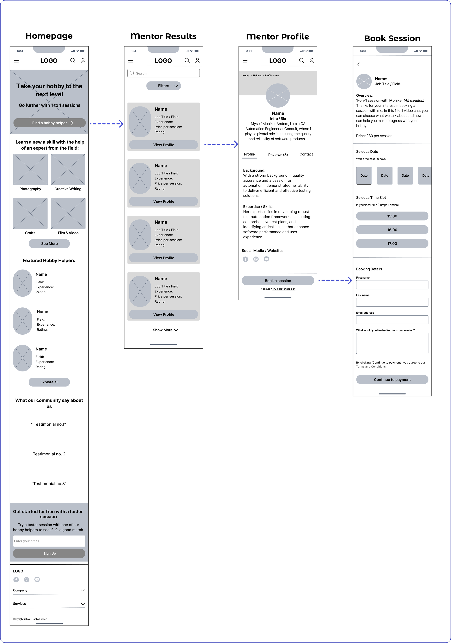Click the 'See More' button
[x=49, y=244]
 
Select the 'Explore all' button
[x=49, y=382]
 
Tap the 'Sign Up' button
[x=49, y=553]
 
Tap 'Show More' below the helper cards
[x=165, y=330]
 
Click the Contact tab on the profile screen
[x=306, y=154]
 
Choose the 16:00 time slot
[x=392, y=230]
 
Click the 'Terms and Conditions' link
[x=371, y=367]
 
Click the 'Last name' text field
[x=392, y=302]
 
